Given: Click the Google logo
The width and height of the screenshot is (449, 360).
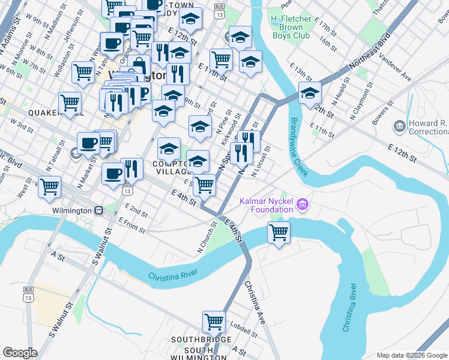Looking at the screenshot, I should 20,353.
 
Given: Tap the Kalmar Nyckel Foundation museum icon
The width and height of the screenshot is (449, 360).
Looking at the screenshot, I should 303,205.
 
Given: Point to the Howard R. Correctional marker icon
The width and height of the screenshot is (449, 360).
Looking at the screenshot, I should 399,126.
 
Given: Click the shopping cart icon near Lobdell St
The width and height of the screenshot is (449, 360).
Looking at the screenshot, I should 214,321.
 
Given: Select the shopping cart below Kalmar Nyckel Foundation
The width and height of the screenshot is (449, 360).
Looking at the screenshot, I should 279,232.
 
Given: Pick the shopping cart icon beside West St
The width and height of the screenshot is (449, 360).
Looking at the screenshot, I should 49,185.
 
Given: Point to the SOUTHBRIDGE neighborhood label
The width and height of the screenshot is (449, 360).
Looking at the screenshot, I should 200,340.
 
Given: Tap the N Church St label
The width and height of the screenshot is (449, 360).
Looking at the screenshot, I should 207,236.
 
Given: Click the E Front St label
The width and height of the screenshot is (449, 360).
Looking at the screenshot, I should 131,224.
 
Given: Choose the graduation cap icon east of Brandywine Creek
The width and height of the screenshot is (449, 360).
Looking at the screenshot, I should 310,93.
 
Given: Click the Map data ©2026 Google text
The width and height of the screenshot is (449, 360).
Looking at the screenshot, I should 411,355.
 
